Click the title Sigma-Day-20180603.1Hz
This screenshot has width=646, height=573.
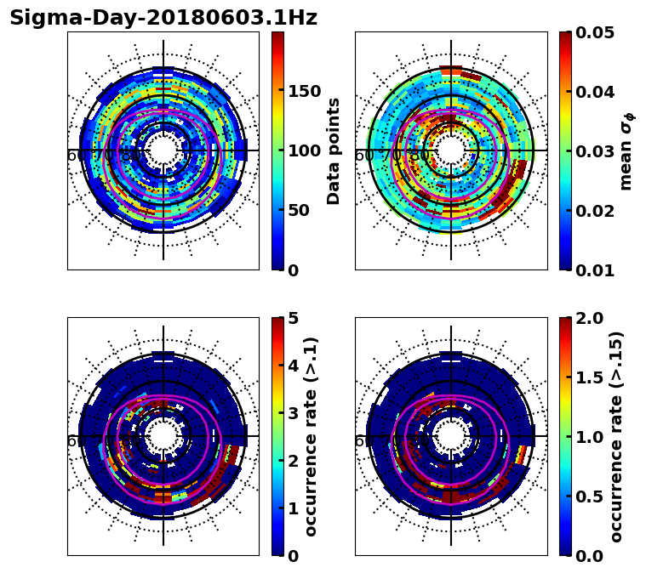[x=163, y=18]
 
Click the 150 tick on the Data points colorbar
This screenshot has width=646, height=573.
[x=305, y=92]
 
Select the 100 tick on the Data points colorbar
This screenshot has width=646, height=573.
[x=305, y=151]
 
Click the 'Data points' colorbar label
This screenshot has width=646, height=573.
[x=334, y=151]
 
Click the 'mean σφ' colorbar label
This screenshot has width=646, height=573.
[x=626, y=151]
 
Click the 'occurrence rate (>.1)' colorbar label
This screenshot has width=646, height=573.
[x=312, y=437]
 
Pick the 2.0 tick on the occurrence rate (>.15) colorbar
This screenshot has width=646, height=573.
[x=587, y=318]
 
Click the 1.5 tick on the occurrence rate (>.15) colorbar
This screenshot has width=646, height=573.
[x=587, y=377]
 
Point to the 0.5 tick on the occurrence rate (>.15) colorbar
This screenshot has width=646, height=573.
[x=587, y=496]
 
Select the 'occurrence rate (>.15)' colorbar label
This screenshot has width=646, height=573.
[x=616, y=437]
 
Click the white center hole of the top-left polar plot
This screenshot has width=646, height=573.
[x=163, y=150]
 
